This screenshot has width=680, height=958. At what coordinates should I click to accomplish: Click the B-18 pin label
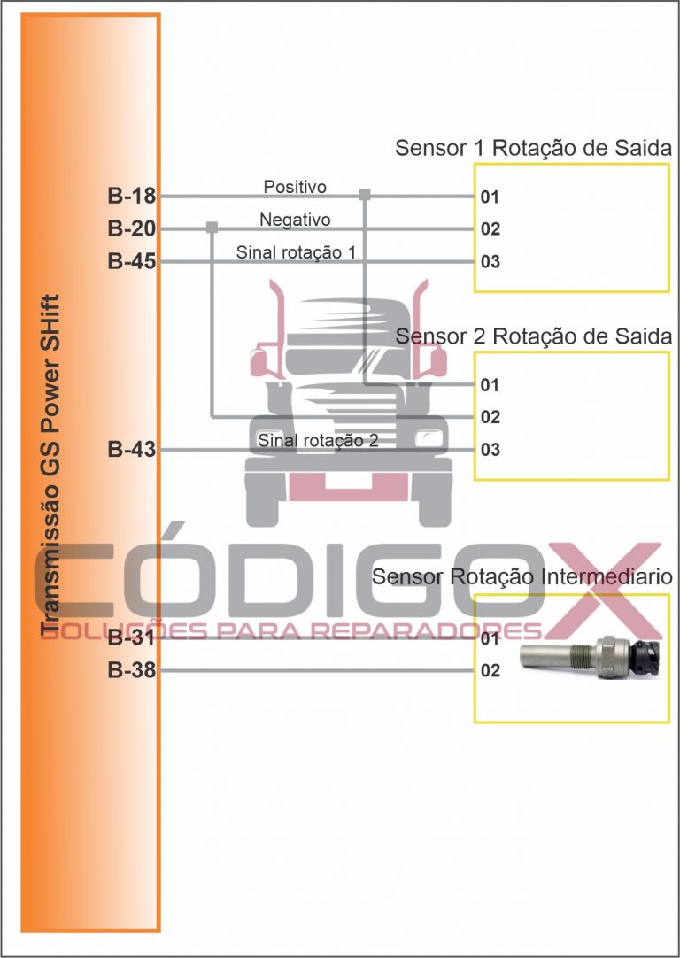pyautogui.click(x=132, y=197)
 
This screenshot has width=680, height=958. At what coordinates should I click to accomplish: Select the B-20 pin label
pyautogui.click(x=132, y=229)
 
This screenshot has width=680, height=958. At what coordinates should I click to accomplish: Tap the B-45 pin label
pyautogui.click(x=132, y=261)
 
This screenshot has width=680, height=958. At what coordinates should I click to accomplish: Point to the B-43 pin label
pyautogui.click(x=132, y=450)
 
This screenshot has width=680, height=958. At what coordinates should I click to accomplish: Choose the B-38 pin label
pyautogui.click(x=132, y=670)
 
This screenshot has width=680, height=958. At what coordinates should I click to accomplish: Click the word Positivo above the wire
pyautogui.click(x=295, y=186)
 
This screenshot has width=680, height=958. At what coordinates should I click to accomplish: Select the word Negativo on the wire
pyautogui.click(x=295, y=220)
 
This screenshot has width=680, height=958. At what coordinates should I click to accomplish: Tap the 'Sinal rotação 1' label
pyautogui.click(x=296, y=252)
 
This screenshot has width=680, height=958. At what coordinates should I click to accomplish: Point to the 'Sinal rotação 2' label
pyautogui.click(x=319, y=441)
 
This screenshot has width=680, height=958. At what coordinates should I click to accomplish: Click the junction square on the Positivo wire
pyautogui.click(x=365, y=195)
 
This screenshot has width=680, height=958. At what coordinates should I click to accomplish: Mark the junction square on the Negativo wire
pyautogui.click(x=212, y=228)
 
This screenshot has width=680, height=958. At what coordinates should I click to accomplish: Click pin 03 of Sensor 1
pyautogui.click(x=490, y=261)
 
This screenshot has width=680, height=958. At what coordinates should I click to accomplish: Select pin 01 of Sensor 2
pyautogui.click(x=490, y=385)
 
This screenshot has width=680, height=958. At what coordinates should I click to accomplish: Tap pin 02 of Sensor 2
pyautogui.click(x=490, y=417)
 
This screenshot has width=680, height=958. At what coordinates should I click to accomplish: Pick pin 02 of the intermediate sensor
pyautogui.click(x=490, y=670)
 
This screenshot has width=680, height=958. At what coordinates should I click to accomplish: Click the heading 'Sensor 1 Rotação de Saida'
pyautogui.click(x=533, y=148)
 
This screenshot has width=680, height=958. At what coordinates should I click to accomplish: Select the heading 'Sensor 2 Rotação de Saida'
pyautogui.click(x=533, y=336)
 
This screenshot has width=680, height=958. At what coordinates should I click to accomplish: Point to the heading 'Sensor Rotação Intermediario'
pyautogui.click(x=522, y=576)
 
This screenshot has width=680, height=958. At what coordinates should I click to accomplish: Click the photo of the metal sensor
pyautogui.click(x=591, y=657)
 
